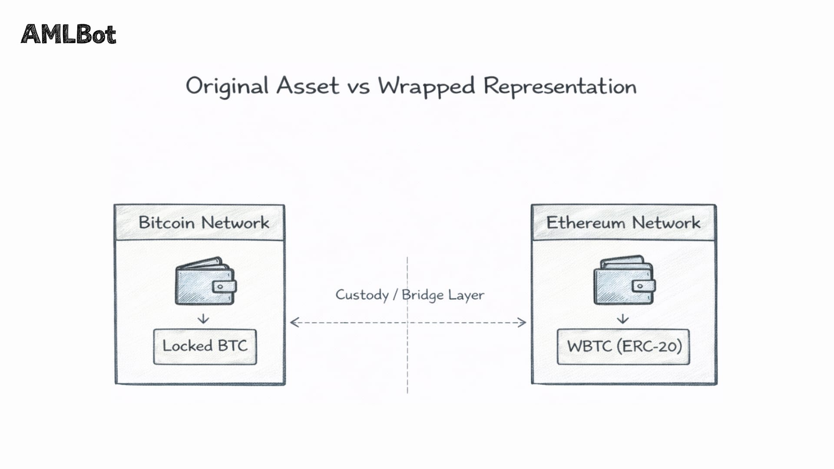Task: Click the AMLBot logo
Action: coord(69,35)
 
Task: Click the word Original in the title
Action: coord(227,86)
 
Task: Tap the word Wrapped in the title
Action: coord(426,86)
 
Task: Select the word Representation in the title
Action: coord(560,86)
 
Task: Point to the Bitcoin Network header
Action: coord(203,223)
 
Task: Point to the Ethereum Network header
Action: coord(623,223)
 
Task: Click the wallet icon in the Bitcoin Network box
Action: coord(205,281)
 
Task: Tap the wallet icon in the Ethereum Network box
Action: coord(624,281)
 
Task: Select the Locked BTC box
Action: coord(205,346)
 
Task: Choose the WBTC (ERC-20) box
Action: coord(624,347)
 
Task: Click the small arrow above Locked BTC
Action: coord(203,319)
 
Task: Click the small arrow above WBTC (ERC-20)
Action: coord(623,319)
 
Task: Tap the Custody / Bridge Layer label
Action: coord(410,295)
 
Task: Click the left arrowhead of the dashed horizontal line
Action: coord(294,322)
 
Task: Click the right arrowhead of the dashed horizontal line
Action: coord(522,322)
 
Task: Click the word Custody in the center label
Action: coord(362,295)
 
